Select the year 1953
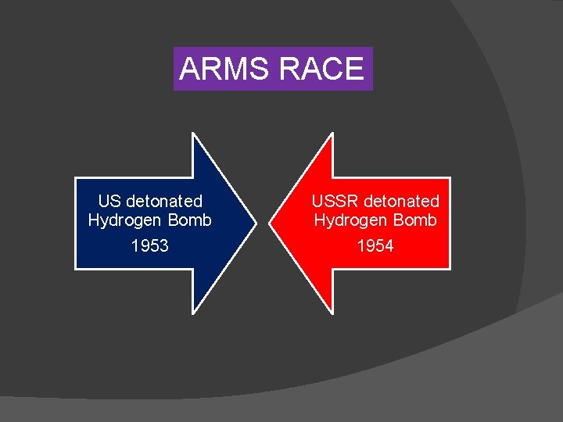[x=149, y=246]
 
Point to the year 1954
[x=375, y=246]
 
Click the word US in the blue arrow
[x=109, y=202]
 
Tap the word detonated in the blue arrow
[x=163, y=202]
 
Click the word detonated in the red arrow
[x=402, y=202]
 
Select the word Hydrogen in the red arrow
[x=346, y=220]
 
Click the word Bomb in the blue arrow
[x=190, y=220]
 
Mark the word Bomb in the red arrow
[x=416, y=220]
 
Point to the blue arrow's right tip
[x=256, y=224]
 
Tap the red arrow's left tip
[x=270, y=224]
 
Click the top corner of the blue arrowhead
[x=193, y=134]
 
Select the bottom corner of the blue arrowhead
[x=193, y=313]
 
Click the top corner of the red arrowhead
[x=333, y=134]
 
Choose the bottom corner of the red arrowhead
[x=333, y=313]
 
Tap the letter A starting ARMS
[x=190, y=70]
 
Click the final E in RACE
[x=354, y=70]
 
